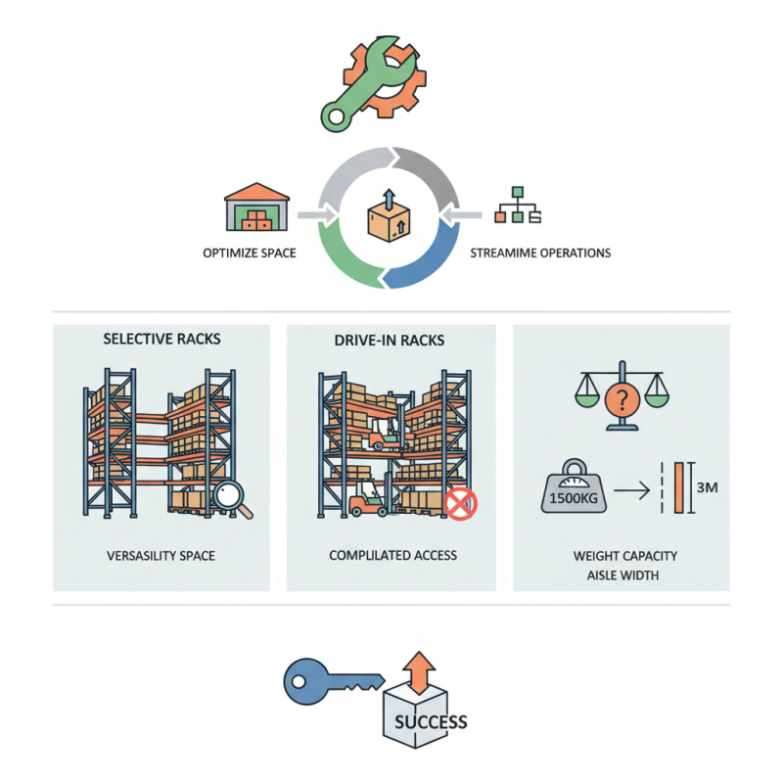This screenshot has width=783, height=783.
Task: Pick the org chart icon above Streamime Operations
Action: (520, 205)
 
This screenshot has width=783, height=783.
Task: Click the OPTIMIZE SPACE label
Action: (249, 253)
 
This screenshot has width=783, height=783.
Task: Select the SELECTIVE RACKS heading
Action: (161, 339)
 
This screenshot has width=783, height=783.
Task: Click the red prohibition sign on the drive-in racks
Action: (460, 503)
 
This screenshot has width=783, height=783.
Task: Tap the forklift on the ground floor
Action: (371, 500)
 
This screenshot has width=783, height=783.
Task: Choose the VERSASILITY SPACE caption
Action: (161, 556)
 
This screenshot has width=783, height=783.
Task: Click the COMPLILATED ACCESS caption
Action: (392, 556)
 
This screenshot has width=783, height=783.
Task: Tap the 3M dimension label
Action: (705, 486)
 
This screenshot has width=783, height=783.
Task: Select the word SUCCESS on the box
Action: (431, 723)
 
